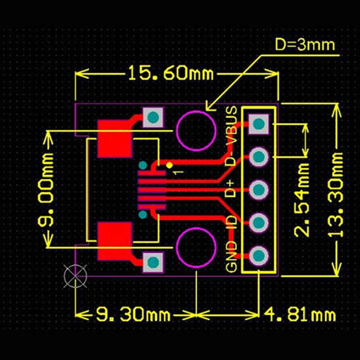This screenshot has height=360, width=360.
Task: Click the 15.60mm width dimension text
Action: [x=171, y=73]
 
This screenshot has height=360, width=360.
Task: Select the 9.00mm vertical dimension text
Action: [x=47, y=189]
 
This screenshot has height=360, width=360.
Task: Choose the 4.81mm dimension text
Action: [x=299, y=314]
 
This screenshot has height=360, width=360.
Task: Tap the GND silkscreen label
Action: [x=231, y=257]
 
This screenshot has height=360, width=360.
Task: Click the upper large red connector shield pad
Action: [x=114, y=139]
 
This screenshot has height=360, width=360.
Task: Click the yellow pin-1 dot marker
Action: [x=170, y=165]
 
